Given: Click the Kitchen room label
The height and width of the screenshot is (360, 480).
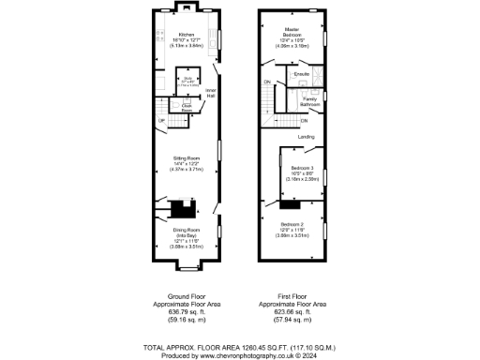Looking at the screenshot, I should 186,33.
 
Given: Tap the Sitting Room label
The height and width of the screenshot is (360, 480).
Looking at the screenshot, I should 186,158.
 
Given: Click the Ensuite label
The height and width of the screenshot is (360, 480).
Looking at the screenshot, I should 302,72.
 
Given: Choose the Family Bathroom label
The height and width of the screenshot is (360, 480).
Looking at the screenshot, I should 311,101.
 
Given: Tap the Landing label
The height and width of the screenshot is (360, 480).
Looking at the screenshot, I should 306,137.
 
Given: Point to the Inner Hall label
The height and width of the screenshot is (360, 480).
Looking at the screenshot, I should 211,94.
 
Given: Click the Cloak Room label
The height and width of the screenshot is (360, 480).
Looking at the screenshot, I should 187,107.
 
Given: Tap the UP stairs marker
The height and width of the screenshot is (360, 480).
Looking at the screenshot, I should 161,120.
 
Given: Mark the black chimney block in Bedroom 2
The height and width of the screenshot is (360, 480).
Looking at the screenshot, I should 287,203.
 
